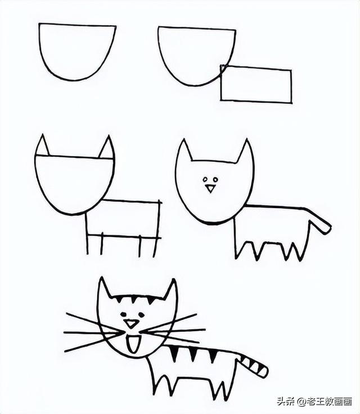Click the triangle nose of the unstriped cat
tap(210, 188)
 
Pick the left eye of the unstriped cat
tap(205, 180)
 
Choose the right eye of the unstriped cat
tap(215, 180)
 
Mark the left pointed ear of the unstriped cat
tap(184, 151)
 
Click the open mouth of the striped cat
tap(133, 344)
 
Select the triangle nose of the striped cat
tap(131, 323)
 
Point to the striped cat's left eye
tap(123, 314)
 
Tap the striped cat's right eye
tap(141, 314)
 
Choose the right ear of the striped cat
tap(170, 290)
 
